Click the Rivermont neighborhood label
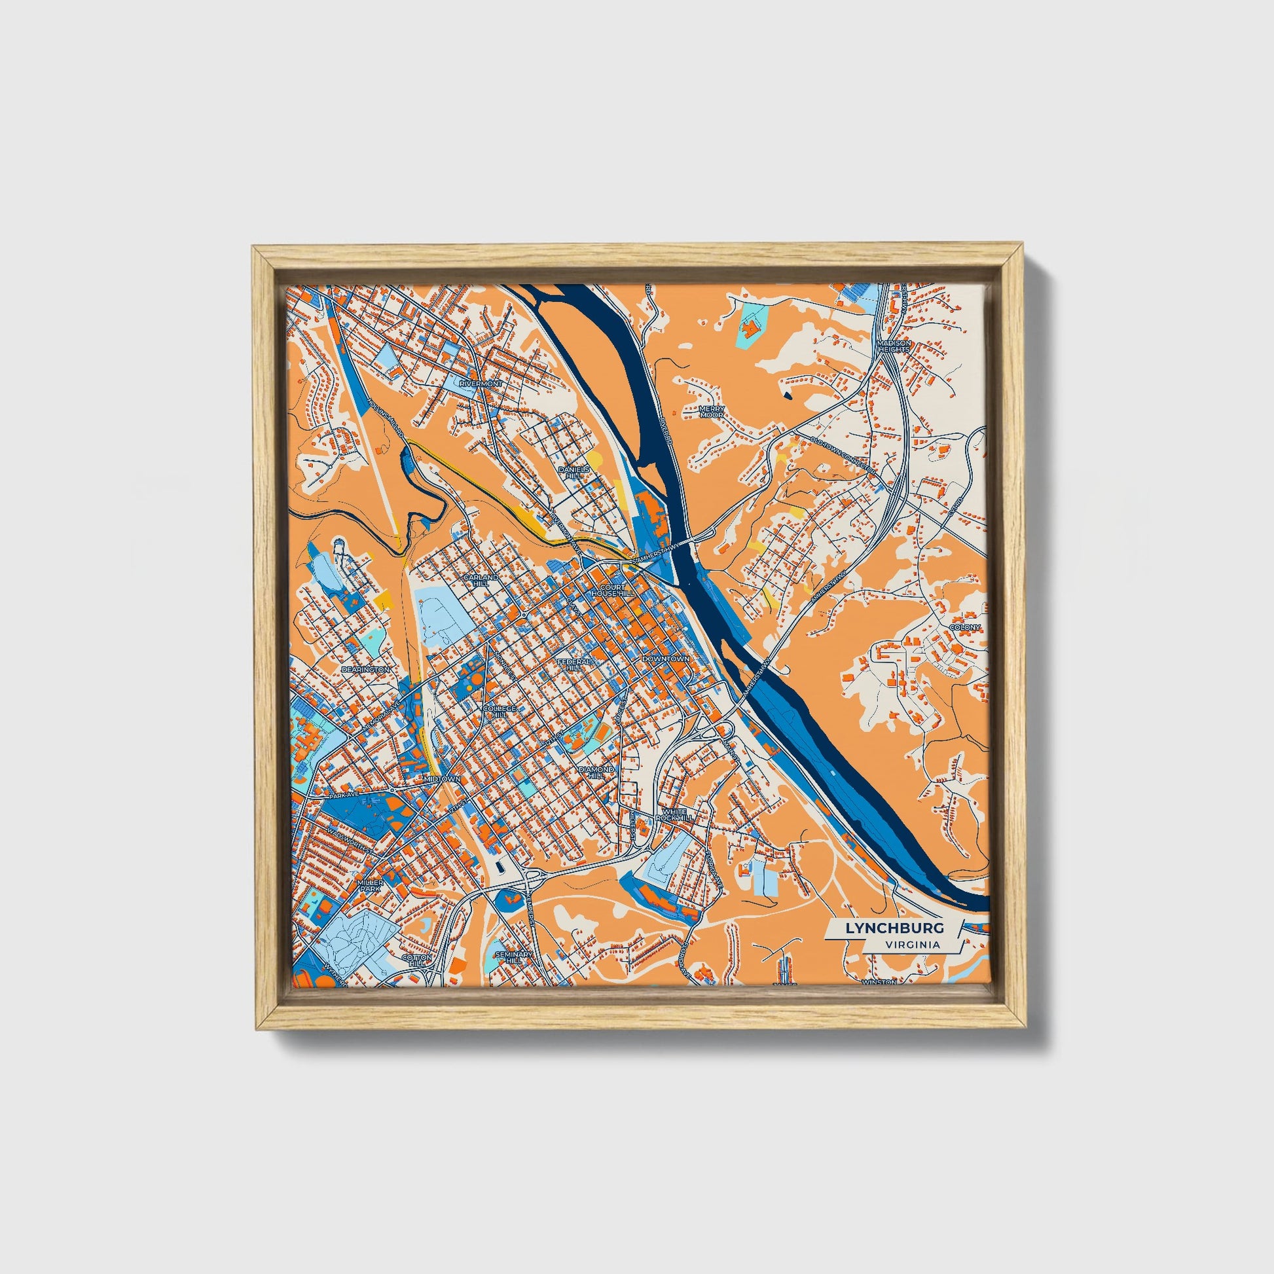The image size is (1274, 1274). click(481, 383)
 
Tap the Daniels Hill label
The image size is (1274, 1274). click(570, 472)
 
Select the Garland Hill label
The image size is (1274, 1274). click(481, 579)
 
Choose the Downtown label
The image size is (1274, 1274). click(665, 659)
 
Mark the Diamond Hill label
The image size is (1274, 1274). click(596, 772)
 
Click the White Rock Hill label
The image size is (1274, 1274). click(678, 814)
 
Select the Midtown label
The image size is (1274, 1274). click(441, 779)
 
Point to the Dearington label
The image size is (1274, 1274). click(366, 669)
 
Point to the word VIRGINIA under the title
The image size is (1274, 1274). click(913, 944)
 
